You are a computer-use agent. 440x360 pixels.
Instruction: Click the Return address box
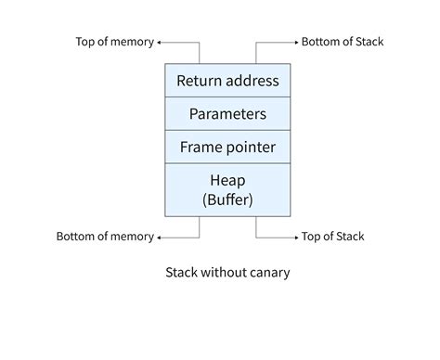click(x=227, y=81)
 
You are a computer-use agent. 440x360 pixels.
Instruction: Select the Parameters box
click(x=227, y=114)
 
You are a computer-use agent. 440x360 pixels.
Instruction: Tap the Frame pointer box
click(x=227, y=148)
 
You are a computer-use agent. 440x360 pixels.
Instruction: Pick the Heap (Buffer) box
click(x=227, y=189)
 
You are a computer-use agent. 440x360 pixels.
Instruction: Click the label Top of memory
click(x=113, y=42)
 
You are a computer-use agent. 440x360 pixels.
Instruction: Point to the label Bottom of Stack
click(x=343, y=42)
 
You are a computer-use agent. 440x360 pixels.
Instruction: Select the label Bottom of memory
click(x=105, y=237)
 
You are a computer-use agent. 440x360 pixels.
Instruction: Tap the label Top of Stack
click(x=333, y=237)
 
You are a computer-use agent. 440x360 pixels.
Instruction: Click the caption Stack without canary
click(x=227, y=273)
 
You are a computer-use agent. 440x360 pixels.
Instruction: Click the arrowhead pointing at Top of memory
click(x=160, y=42)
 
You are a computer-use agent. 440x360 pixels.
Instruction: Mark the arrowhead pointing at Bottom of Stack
click(x=295, y=42)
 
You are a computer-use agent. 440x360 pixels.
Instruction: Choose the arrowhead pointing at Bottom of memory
click(x=160, y=237)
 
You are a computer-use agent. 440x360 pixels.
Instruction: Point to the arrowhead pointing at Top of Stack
click(x=295, y=237)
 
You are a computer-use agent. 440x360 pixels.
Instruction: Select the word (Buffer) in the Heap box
click(x=227, y=199)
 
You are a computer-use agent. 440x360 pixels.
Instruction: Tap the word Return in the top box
click(x=199, y=81)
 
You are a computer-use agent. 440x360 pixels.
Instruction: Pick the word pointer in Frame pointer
click(x=252, y=148)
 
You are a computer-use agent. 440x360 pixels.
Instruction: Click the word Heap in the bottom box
click(x=227, y=179)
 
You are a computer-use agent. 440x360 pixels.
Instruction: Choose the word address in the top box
click(x=252, y=81)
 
